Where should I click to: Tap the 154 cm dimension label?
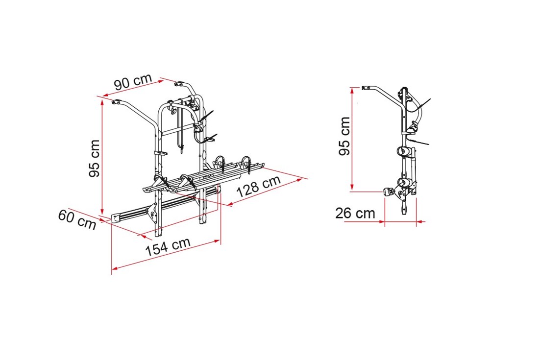coord(168,246)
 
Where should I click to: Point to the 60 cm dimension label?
coord(77,219)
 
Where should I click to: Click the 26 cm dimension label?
coord(355,214)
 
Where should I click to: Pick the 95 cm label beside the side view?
coord(344,136)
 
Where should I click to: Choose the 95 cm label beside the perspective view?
coord(94,159)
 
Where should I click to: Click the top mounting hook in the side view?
coord(367,88)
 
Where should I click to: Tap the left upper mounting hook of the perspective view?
coord(118,102)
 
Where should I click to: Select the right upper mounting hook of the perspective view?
coord(180,84)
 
